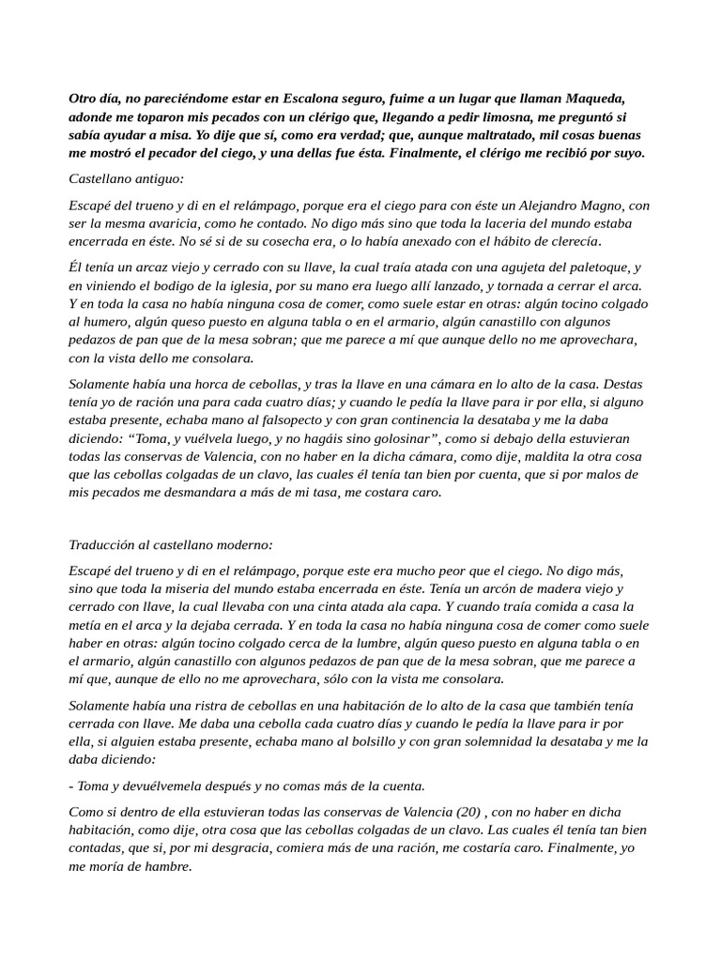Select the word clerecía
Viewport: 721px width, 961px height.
(566, 241)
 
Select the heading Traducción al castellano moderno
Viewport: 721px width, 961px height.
(171, 544)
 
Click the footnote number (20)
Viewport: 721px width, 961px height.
(472, 812)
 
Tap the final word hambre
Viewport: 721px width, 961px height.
(170, 866)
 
